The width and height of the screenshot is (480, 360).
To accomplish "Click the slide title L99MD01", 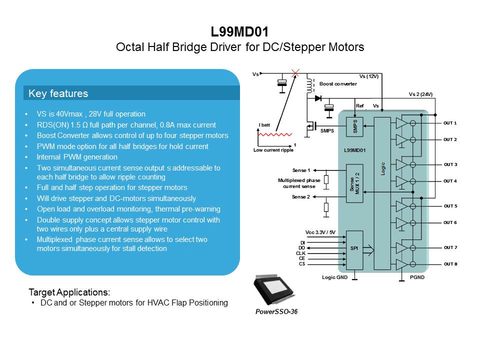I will (239, 32).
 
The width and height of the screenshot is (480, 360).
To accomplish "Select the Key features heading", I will (58, 93).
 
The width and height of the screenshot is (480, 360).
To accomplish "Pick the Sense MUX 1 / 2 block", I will (354, 183).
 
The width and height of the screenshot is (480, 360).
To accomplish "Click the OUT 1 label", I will (450, 123).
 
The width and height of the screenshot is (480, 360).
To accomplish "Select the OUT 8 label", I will (450, 264).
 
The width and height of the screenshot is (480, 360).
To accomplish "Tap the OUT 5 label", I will (450, 206).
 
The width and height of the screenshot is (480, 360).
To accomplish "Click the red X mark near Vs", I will (295, 73).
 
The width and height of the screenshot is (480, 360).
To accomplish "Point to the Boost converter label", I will (338, 84).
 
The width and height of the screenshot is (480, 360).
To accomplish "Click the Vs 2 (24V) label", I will (420, 94).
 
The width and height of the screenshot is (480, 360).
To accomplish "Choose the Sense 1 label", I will (301, 170).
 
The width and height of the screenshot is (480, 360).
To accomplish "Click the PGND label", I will (417, 276).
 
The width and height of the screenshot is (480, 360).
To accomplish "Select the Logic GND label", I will (334, 276).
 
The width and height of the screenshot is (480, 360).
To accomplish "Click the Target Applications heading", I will (69, 292).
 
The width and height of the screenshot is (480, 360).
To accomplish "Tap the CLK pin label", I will (300, 253).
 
